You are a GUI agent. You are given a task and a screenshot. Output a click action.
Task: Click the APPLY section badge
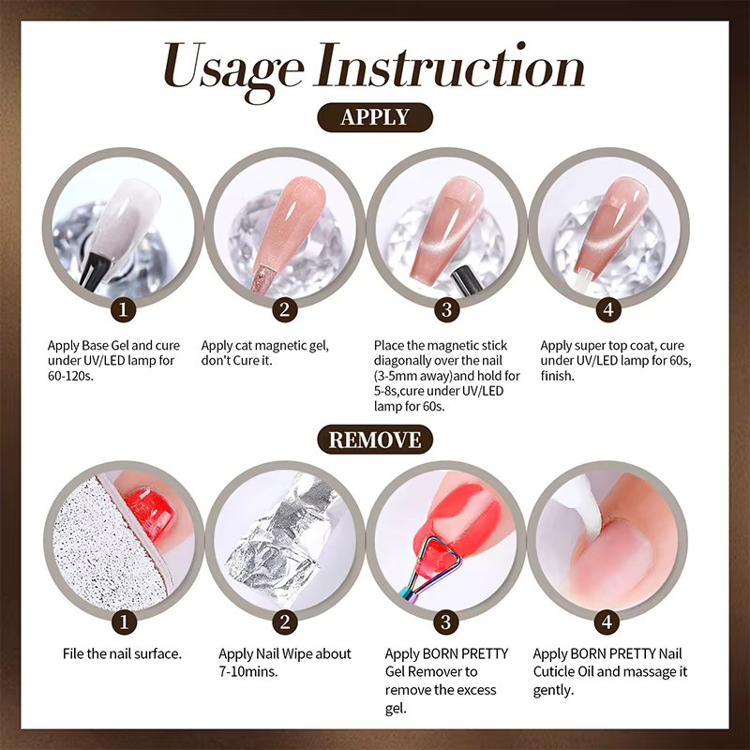click(x=375, y=117)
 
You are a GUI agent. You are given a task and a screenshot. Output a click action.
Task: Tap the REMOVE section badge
click(x=375, y=440)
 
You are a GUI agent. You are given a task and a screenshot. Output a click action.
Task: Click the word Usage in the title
click(x=233, y=69)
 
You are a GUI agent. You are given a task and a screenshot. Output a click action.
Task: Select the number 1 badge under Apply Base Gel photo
click(x=123, y=309)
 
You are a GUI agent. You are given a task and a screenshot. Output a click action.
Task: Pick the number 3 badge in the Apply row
click(x=447, y=309)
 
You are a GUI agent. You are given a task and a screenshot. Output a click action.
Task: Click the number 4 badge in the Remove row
click(x=607, y=622)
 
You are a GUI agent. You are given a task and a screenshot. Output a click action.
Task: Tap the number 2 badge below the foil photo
click(x=285, y=622)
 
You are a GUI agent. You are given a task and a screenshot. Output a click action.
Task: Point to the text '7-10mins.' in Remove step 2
click(x=248, y=671)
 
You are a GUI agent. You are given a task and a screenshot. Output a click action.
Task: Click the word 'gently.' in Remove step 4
click(x=553, y=691)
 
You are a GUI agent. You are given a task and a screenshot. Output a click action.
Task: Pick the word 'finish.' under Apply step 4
click(x=557, y=376)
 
